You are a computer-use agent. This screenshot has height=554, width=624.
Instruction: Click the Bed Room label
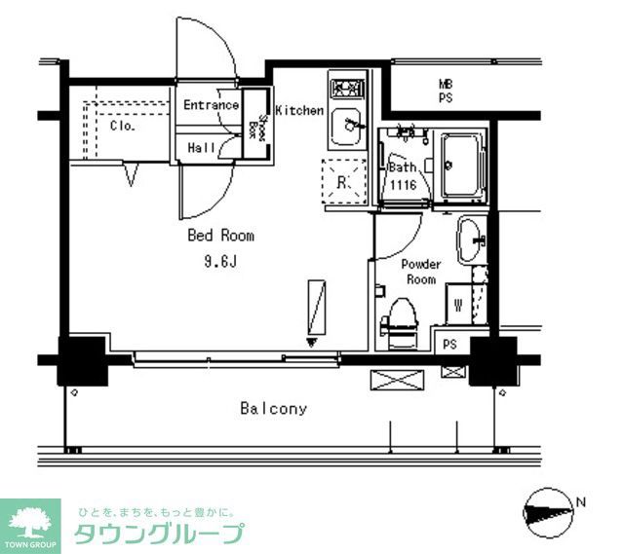(x=221, y=236)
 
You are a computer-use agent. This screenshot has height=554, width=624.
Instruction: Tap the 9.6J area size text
(x=221, y=260)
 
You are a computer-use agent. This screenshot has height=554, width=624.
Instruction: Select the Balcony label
(x=274, y=409)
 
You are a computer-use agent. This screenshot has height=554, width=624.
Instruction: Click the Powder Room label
(x=421, y=272)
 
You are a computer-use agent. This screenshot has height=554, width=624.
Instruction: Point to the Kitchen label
(x=298, y=111)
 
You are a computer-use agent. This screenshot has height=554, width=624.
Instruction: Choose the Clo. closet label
(x=122, y=126)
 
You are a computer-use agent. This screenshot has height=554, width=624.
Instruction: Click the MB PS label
(x=445, y=92)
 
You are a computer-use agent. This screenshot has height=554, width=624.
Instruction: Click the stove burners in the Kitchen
(x=344, y=89)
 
